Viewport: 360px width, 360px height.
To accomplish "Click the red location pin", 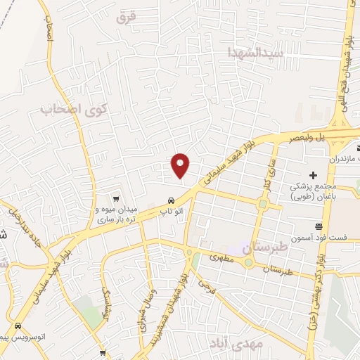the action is coord(181,165).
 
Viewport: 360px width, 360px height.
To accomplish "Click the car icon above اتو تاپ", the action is coord(172,199).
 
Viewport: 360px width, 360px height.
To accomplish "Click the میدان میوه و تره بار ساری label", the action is coord(117,214).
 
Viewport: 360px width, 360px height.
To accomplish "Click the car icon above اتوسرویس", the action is coord(17,326).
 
